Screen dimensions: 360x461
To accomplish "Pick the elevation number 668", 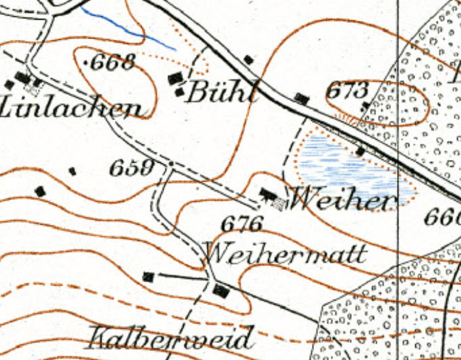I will click(x=114, y=63).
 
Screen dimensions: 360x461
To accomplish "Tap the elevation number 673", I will click(x=348, y=90).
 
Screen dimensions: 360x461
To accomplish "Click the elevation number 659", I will click(x=131, y=169).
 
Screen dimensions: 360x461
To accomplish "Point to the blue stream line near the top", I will click(x=131, y=28).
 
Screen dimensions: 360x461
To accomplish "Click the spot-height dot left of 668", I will click(x=89, y=63).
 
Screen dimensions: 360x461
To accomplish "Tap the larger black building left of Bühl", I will click(x=175, y=79).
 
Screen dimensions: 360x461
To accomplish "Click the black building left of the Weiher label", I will click(x=267, y=193).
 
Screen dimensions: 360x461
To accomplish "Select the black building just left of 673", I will click(x=301, y=98).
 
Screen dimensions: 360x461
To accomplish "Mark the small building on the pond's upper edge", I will click(x=360, y=152).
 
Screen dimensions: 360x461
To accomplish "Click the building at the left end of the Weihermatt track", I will click(x=148, y=276).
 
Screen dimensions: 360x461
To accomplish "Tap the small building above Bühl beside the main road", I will click(x=248, y=60).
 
